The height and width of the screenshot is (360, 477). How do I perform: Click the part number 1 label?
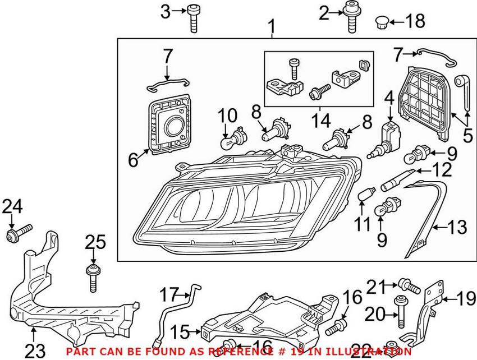tap(272, 26)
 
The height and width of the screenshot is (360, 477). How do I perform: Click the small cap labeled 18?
tap(382, 22)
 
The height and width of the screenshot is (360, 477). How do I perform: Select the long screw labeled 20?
tap(401, 312)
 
